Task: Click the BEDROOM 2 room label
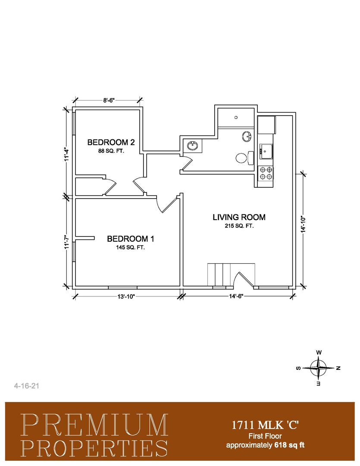point(111,142)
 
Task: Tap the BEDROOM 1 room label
point(130,239)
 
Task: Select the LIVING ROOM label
point(239,217)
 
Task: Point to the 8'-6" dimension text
point(109,101)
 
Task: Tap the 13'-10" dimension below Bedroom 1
point(126,296)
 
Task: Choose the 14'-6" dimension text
point(236,296)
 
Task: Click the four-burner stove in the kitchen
point(266,173)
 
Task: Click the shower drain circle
point(236,117)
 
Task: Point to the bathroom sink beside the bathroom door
point(192,146)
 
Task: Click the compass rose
point(319,368)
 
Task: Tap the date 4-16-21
point(27,386)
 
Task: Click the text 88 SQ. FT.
point(111,151)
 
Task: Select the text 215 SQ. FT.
point(239,226)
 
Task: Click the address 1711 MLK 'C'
point(265,425)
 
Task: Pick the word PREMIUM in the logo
point(95,425)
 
